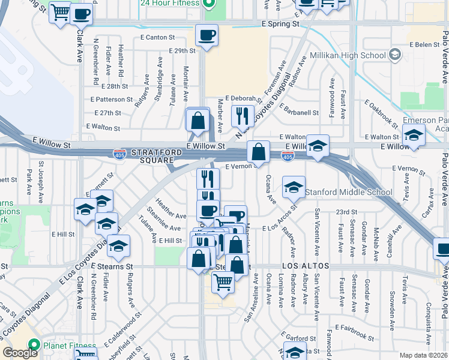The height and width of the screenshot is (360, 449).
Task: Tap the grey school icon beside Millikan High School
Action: [394, 55]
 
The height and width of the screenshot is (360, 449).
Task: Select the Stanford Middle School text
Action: [349, 193]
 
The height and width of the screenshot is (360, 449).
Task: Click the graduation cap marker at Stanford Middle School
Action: [294, 188]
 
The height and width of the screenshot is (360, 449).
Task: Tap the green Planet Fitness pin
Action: [34, 346]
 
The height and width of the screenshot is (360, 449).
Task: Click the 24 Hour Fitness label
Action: [170, 3]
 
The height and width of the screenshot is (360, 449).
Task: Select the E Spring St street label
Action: [280, 24]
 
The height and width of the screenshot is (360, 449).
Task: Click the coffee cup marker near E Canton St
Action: [207, 35]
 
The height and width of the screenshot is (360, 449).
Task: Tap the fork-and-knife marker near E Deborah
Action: [243, 115]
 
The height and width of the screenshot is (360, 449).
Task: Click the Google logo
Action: [20, 353]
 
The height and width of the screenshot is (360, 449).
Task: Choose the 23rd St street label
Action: [346, 212]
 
